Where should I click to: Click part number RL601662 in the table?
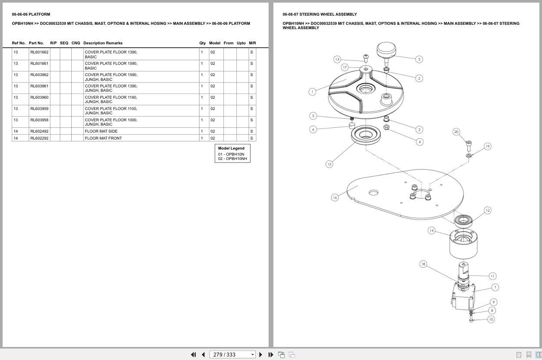39,52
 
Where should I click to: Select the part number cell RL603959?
39,109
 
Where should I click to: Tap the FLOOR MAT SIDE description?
101,131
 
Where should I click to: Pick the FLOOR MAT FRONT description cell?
103,138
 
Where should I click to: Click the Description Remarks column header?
103,43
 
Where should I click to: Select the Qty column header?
203,43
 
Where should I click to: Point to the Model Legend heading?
231,148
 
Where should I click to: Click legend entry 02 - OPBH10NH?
233,159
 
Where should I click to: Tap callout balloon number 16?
335,197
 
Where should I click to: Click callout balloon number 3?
419,59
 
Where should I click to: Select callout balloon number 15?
329,164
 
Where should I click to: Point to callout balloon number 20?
456,132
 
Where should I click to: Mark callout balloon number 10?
491,319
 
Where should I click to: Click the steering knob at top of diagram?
386,52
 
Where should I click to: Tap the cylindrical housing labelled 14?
463,244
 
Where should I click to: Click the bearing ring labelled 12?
463,221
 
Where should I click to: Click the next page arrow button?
261,355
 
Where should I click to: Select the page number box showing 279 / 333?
232,355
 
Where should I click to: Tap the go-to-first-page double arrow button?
193,355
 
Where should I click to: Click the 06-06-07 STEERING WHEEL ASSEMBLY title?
319,14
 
